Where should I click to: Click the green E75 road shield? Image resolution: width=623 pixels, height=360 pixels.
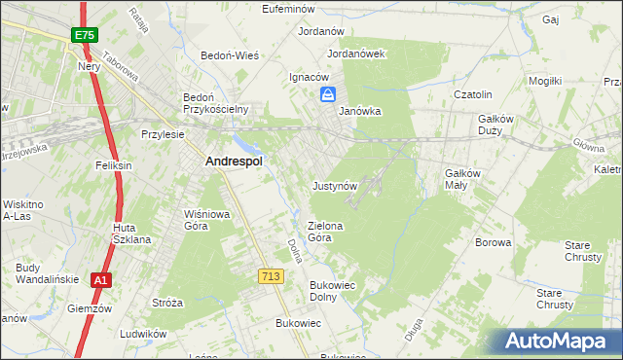pos(83,35)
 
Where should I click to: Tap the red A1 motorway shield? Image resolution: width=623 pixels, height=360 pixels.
pos(100,280)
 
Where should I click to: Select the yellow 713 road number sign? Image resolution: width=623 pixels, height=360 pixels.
pos(271,277)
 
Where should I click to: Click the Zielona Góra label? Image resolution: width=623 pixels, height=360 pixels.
pos(326,231)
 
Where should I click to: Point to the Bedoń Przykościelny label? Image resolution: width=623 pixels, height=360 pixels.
pos(217,103)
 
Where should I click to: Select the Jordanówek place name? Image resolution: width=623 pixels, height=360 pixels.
pos(357,54)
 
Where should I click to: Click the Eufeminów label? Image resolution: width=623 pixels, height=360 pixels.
pos(292,9)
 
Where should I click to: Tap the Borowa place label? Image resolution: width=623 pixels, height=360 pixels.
pos(493,242)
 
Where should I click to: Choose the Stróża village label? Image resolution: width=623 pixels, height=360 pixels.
pos(167,303)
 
